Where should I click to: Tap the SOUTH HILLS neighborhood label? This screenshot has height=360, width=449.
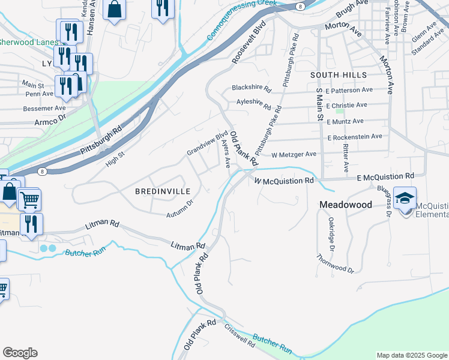click(x=339, y=74)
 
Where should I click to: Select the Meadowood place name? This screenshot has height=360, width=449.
click(x=345, y=205)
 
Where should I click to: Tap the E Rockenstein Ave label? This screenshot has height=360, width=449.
click(x=355, y=137)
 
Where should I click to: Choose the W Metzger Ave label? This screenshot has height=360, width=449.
click(x=294, y=154)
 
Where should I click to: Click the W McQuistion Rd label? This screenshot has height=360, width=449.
click(x=284, y=180)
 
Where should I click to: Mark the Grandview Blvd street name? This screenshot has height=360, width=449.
click(x=207, y=143)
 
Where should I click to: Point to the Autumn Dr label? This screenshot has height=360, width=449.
click(x=180, y=208)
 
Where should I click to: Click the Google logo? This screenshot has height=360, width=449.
click(x=20, y=353)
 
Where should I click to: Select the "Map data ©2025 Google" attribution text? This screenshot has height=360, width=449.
click(x=411, y=355)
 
